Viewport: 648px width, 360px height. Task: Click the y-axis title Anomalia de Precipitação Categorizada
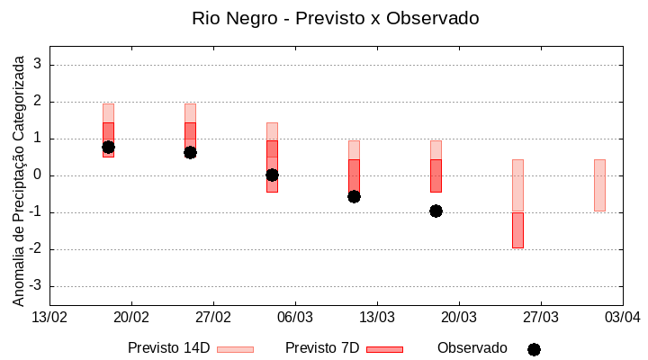coord(18,178)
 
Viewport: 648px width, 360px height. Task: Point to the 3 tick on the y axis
coord(38,65)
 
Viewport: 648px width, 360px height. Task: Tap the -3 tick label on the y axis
coord(35,286)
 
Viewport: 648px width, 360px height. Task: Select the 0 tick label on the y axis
coord(38,175)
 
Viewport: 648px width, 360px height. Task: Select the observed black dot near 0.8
coord(108,147)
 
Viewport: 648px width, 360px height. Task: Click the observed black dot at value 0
coord(272,175)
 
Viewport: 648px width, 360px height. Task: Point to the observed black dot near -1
coord(436,211)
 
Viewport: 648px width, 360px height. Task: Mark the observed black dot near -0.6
coord(354,196)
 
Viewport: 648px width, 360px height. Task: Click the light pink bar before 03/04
coord(599,185)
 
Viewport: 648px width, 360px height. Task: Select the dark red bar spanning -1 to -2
coord(517,230)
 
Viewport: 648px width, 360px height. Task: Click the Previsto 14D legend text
coord(168,348)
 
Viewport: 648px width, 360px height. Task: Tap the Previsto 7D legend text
coord(322,348)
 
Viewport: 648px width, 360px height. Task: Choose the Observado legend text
coord(472,348)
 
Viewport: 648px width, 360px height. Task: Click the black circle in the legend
coord(534,349)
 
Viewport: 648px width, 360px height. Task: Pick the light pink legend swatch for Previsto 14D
coord(235,349)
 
